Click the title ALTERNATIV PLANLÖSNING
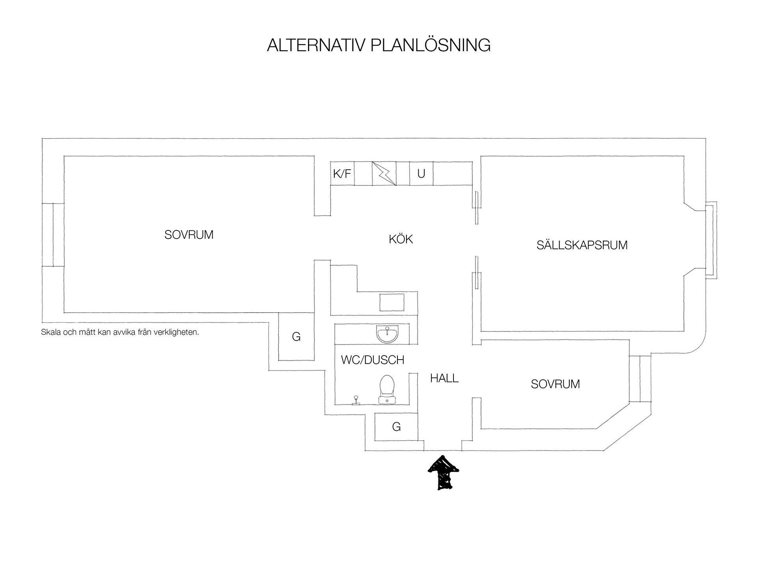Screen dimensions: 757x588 click(x=378, y=45)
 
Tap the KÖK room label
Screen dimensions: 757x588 click(x=401, y=239)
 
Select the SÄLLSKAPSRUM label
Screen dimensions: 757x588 click(x=582, y=245)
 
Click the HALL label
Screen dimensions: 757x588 click(x=444, y=378)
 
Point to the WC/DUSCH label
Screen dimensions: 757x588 click(x=373, y=360)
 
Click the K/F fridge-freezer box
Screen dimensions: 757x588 click(x=342, y=173)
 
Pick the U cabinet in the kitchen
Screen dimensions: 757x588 click(x=421, y=173)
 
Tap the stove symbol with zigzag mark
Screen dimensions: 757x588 click(x=384, y=173)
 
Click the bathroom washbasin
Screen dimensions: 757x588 click(x=388, y=334)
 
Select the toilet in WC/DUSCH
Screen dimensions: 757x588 click(x=387, y=389)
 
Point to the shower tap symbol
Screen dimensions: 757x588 click(x=356, y=400)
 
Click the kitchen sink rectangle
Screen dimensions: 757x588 click(x=392, y=302)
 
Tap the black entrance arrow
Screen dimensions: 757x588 click(x=444, y=473)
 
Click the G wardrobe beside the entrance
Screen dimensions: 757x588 click(x=396, y=427)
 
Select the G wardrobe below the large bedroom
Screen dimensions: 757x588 click(x=296, y=336)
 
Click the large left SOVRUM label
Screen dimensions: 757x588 click(x=189, y=235)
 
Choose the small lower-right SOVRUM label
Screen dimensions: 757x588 click(x=555, y=384)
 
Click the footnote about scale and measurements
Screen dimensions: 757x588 click(x=120, y=332)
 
